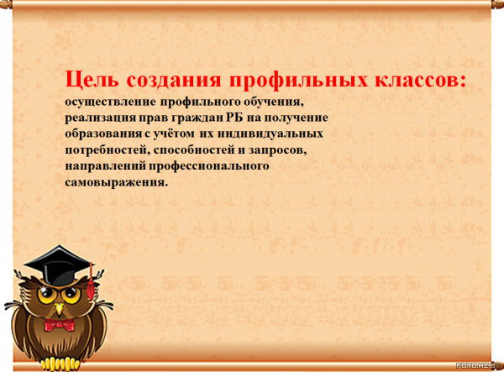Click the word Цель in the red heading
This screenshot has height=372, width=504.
(92, 79)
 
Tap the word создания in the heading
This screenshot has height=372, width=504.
(174, 80)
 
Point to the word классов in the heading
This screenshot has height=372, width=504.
(417, 80)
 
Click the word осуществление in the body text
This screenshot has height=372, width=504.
(111, 102)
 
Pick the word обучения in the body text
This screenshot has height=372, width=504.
(274, 102)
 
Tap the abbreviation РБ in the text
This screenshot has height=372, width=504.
(234, 118)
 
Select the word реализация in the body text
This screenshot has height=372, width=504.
(101, 118)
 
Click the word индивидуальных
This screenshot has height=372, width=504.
(270, 134)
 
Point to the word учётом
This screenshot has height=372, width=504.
(173, 134)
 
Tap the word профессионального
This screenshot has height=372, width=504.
(208, 166)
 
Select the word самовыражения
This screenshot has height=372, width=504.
(117, 182)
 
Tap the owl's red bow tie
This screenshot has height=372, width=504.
(59, 325)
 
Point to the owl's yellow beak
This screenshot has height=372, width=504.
(59, 308)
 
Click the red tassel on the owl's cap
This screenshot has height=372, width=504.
(91, 285)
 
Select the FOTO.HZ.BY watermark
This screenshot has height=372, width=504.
(478, 365)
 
